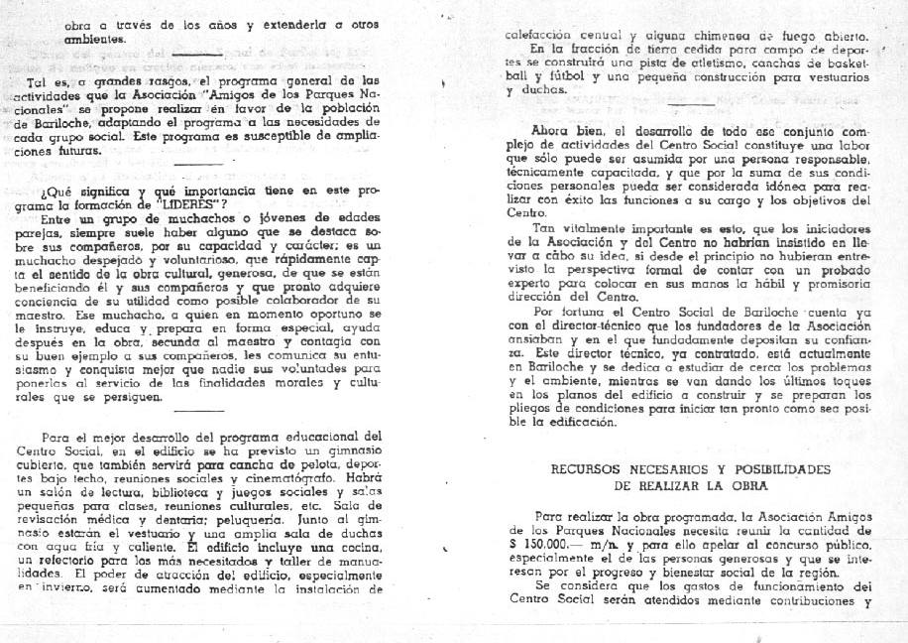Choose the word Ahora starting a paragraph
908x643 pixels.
point(556,131)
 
